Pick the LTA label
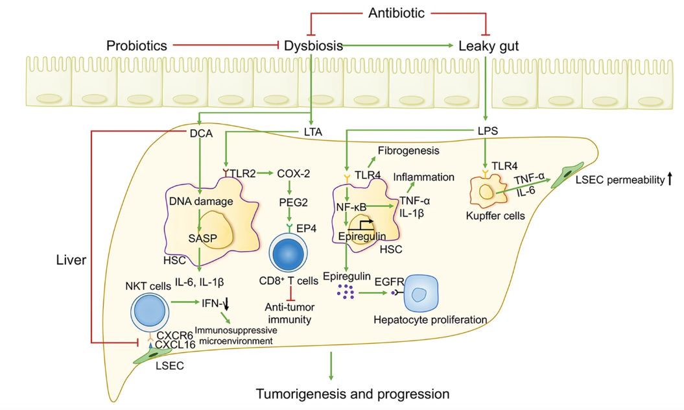tap(312, 134)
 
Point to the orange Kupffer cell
tap(486, 193)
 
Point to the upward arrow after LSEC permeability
tap(668, 178)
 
